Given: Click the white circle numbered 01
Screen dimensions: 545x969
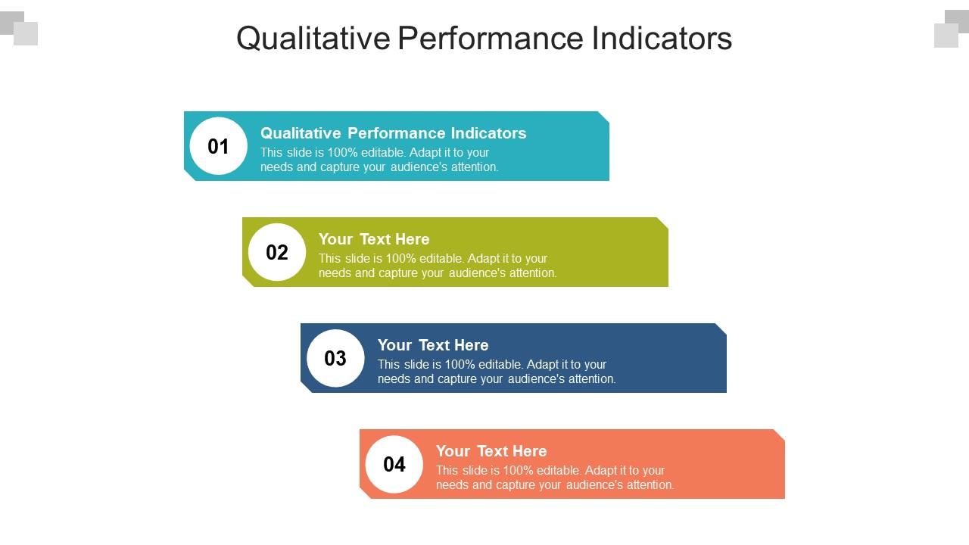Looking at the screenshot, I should [x=218, y=146].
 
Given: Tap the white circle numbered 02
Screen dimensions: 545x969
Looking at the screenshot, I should [x=277, y=252].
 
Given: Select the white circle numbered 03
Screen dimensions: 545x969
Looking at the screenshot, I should [x=335, y=358].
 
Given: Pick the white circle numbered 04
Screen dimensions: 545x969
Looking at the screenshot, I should [x=394, y=464].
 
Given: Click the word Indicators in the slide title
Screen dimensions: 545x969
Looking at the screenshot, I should [x=662, y=38].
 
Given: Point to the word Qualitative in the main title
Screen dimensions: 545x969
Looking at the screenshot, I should [x=313, y=38].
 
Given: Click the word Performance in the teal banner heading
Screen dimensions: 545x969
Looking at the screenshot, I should [x=396, y=133].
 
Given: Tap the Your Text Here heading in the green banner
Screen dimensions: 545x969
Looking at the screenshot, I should [x=374, y=239].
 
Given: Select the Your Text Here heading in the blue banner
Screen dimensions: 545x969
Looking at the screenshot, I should [x=433, y=345].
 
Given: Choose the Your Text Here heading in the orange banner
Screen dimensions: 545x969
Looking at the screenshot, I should [x=491, y=451].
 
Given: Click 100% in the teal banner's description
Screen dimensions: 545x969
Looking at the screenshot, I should [x=343, y=152].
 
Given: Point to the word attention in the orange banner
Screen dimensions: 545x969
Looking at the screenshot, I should [x=650, y=484].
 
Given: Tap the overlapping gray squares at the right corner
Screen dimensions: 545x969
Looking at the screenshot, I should [x=952, y=28].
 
